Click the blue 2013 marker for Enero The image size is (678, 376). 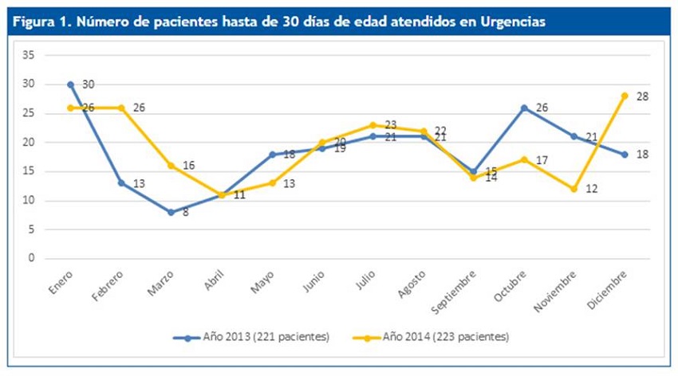click(70, 84)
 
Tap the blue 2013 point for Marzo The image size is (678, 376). click(171, 212)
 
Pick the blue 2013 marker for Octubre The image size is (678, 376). click(522, 108)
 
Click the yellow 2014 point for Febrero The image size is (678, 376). click(120, 108)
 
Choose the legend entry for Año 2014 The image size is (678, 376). click(435, 337)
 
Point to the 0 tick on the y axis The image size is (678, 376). click(32, 258)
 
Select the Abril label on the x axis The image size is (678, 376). click(214, 280)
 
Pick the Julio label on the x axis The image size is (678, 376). click(365, 280)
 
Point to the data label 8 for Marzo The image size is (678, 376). click(185, 213)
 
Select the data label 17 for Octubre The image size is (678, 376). click(542, 160)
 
